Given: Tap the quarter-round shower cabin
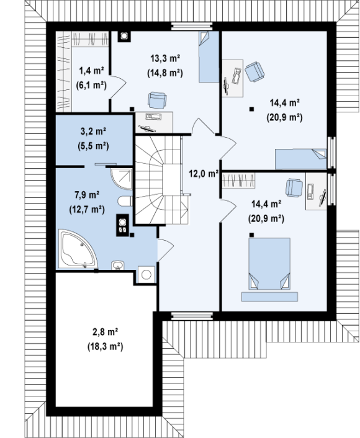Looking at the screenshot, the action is click(x=121, y=177).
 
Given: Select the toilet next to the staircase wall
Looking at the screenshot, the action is click(x=125, y=201).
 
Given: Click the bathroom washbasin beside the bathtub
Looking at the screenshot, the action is click(x=118, y=265).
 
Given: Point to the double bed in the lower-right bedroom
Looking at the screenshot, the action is click(x=269, y=264).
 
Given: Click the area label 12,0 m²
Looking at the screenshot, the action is click(x=204, y=174).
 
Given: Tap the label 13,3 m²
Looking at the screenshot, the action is click(x=165, y=59).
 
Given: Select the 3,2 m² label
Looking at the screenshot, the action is click(x=93, y=132).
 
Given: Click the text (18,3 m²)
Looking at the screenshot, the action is click(x=105, y=347).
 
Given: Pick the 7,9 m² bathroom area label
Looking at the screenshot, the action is click(x=87, y=195).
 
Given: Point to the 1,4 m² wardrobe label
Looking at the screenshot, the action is click(x=91, y=71).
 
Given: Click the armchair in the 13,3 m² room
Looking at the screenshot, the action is click(x=158, y=100).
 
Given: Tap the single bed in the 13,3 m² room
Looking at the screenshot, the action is click(x=209, y=56).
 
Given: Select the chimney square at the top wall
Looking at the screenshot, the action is click(x=124, y=36).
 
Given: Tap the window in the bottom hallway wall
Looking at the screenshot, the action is click(x=192, y=316).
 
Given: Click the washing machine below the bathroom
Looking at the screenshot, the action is click(x=146, y=275).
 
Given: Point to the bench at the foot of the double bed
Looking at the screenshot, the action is click(x=269, y=297).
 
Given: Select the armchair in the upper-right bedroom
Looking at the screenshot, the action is click(x=254, y=72).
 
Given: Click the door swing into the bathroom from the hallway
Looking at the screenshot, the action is click(x=166, y=249).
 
